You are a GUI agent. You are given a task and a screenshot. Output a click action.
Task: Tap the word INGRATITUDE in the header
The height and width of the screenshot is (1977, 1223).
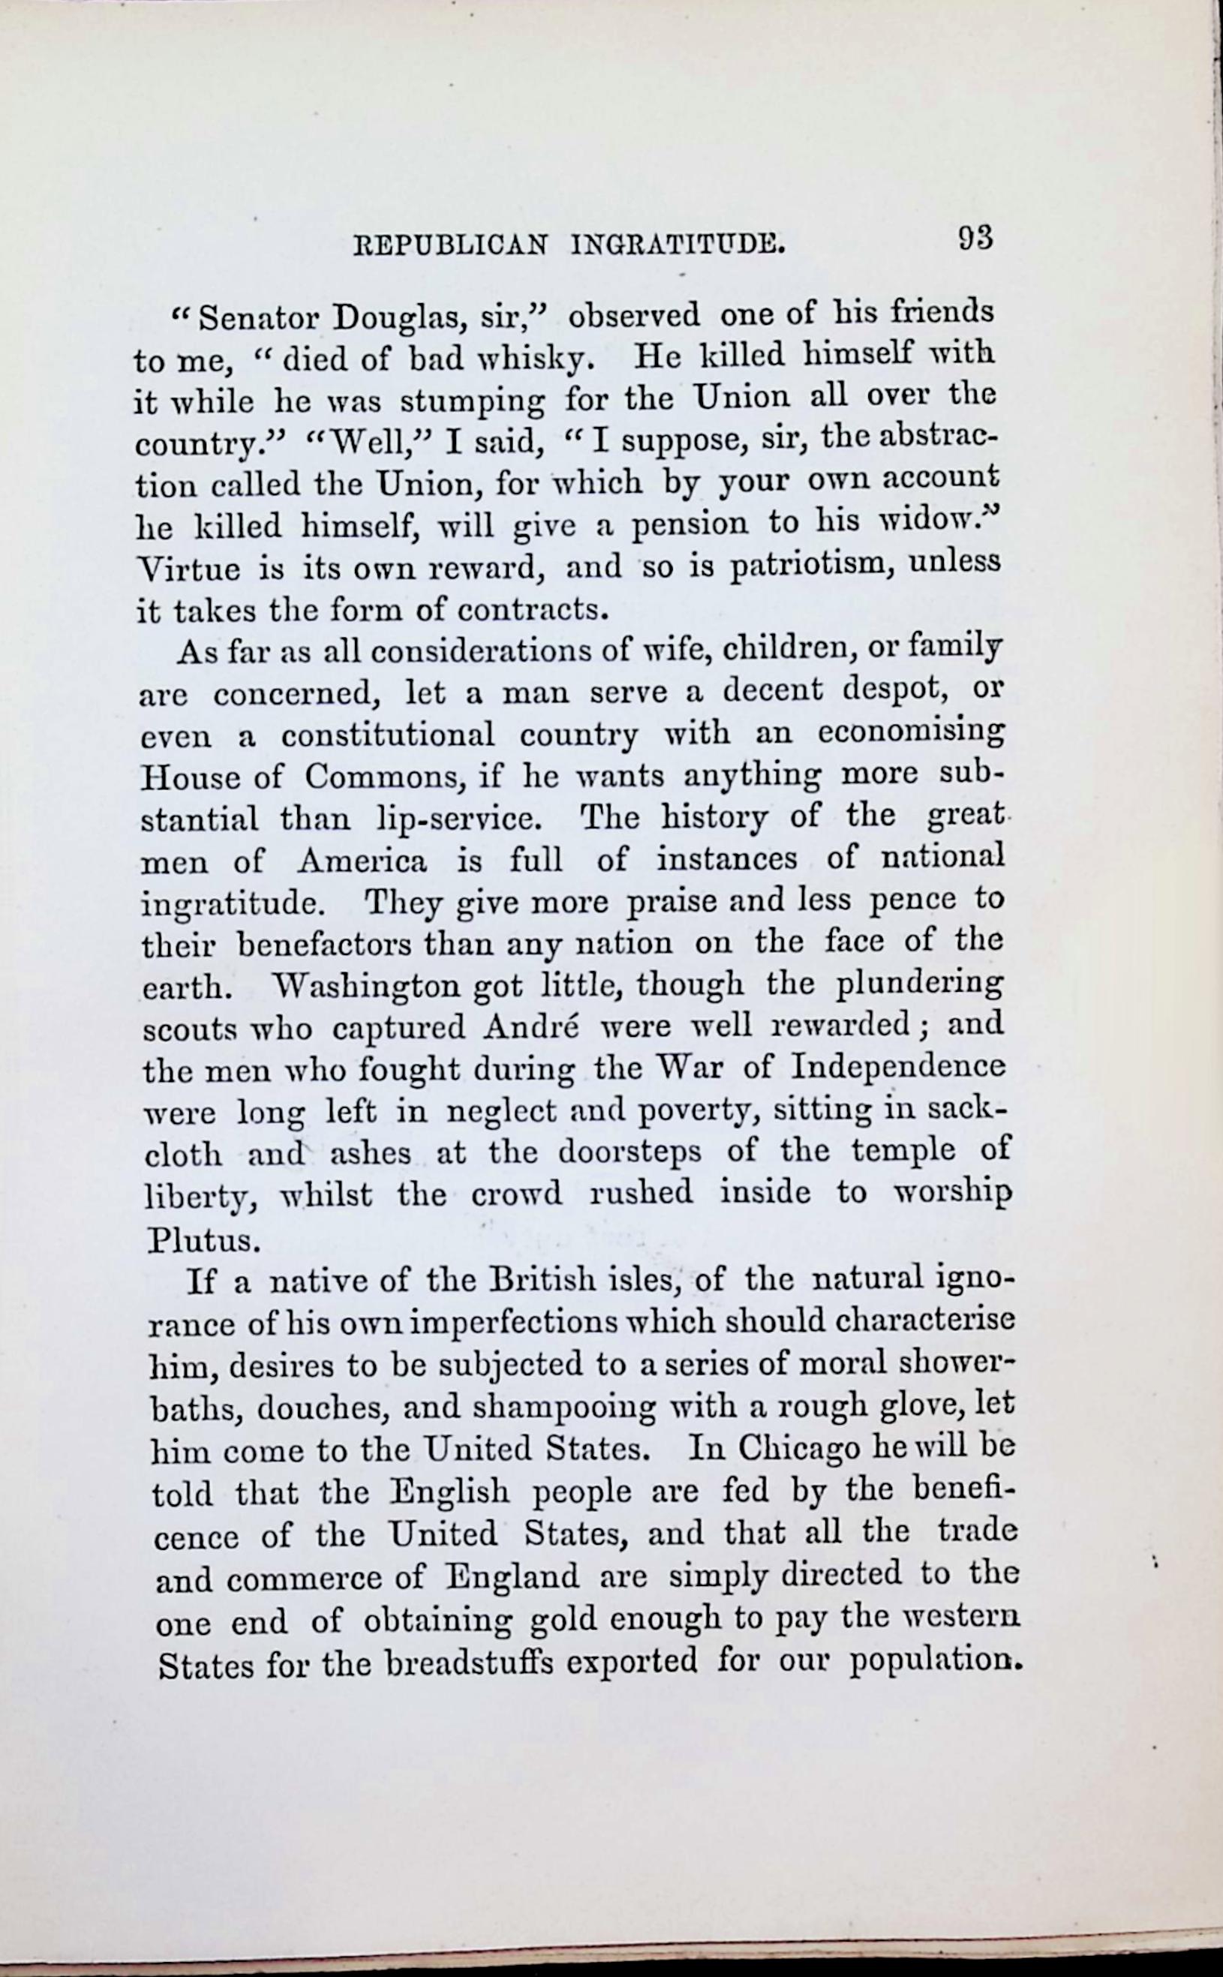tap(677, 243)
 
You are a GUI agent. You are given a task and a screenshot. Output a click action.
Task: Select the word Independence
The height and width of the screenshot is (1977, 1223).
tap(898, 1069)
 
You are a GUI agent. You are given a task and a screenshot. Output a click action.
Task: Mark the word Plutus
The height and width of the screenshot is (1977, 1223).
tap(203, 1240)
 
